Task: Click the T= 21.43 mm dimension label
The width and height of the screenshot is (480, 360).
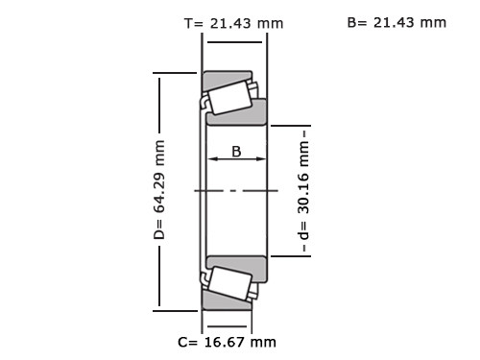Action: point(234,23)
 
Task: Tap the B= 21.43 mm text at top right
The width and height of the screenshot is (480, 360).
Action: point(396,23)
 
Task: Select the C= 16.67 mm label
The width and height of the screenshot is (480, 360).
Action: point(227,342)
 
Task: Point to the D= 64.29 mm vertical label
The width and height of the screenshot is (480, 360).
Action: point(159,190)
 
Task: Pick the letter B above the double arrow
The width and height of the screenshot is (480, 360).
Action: point(236,152)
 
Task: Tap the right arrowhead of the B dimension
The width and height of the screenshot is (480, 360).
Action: point(261,158)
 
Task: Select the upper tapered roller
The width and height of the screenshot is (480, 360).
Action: point(229,98)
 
